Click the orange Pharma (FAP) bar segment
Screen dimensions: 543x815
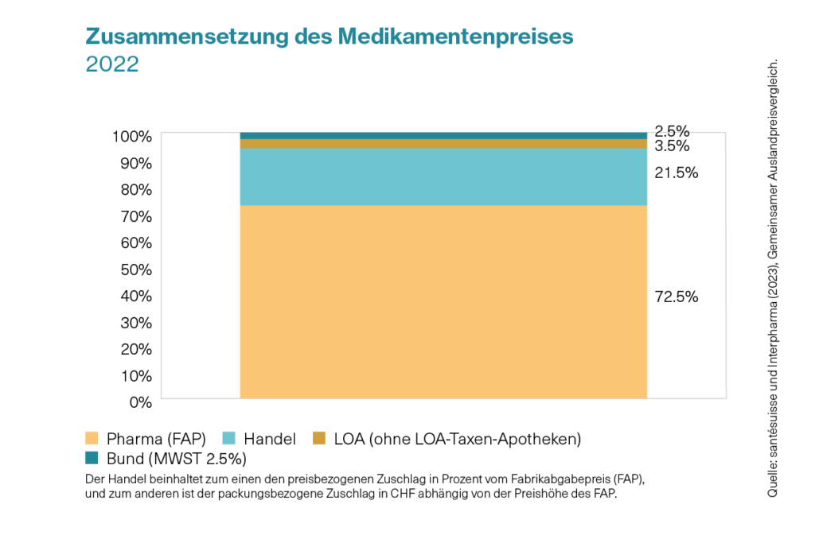(x=443, y=302)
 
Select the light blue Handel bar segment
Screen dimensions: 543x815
(x=443, y=177)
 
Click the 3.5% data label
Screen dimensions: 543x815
(x=672, y=146)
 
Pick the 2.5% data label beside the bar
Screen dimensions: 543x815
(x=672, y=131)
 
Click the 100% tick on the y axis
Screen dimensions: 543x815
(x=131, y=137)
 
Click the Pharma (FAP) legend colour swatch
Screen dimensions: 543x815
(x=92, y=438)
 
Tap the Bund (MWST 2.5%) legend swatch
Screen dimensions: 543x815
(x=92, y=458)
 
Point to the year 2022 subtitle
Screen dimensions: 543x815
(x=112, y=64)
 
